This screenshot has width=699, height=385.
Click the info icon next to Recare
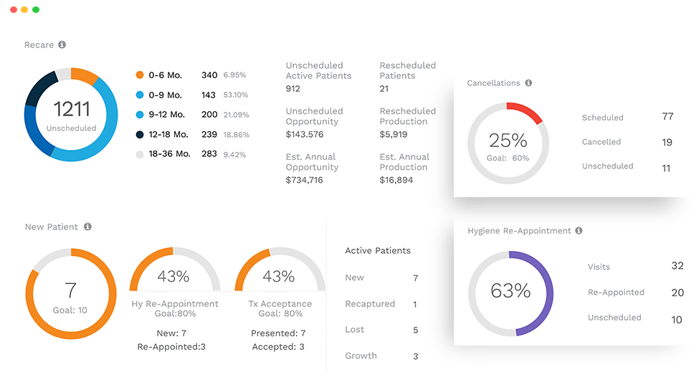[62, 44]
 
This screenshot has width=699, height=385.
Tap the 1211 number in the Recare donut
[72, 109]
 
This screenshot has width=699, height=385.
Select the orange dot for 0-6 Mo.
[140, 75]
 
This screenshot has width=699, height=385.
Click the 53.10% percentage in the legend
[235, 95]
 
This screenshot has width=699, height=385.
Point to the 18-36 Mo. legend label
[169, 153]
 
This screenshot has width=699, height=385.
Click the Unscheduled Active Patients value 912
[293, 89]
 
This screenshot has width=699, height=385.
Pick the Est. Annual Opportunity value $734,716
[304, 180]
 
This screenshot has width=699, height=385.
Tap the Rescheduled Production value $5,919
[394, 134]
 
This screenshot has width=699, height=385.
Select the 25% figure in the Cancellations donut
[508, 140]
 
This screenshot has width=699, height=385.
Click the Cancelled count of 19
[667, 142]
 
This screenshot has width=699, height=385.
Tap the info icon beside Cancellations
[528, 83]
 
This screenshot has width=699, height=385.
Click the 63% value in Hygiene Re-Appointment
[510, 290]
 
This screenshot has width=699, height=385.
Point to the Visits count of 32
[677, 265]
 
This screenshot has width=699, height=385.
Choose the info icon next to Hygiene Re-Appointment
[579, 231]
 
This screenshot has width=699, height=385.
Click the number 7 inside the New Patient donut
[70, 290]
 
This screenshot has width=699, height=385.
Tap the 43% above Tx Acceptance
[279, 276]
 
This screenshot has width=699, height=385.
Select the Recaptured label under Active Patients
[370, 304]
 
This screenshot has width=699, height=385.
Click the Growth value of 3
[415, 356]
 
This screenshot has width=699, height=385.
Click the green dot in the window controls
[36, 10]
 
